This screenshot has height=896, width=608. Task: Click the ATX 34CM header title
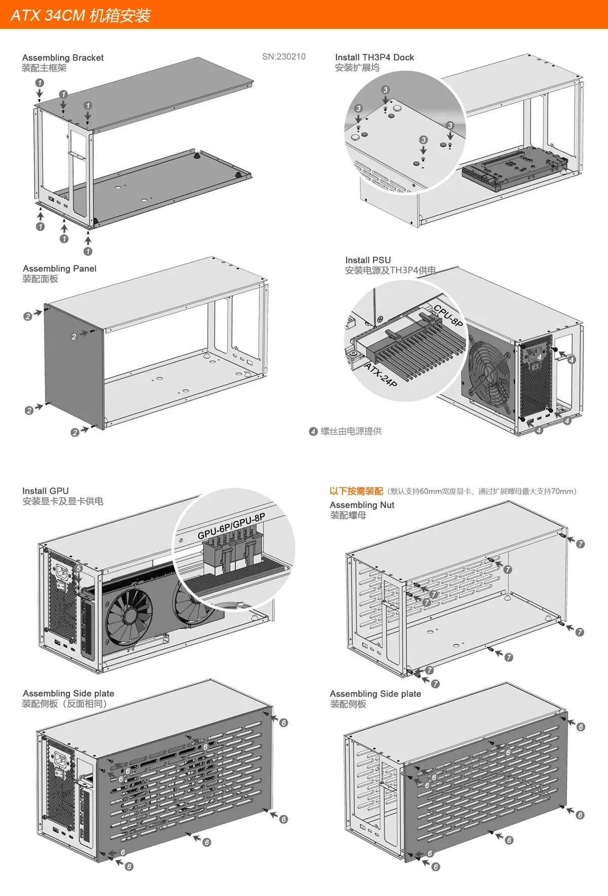[x=81, y=15]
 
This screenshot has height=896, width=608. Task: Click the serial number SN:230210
[x=284, y=57]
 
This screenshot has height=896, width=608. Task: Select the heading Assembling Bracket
[x=63, y=58]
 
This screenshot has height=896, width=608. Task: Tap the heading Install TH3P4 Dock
[x=374, y=57]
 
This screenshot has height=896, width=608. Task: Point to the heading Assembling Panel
[x=59, y=269]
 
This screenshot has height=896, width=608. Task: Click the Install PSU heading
[x=368, y=260]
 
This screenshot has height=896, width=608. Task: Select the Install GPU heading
[x=45, y=491]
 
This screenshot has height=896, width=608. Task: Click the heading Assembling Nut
[x=362, y=505]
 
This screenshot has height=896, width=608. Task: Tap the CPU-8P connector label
[x=448, y=315]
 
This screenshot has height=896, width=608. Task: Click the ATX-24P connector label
[x=381, y=374]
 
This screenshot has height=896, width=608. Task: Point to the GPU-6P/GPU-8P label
[x=231, y=527]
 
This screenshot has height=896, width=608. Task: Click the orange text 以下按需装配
[x=356, y=491]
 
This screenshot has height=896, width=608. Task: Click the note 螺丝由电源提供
[x=351, y=431]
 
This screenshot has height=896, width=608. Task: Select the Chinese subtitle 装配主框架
[x=44, y=68]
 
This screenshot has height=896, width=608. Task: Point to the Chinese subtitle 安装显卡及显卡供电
[x=63, y=501]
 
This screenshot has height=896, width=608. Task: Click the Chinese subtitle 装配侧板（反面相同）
[x=64, y=704]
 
